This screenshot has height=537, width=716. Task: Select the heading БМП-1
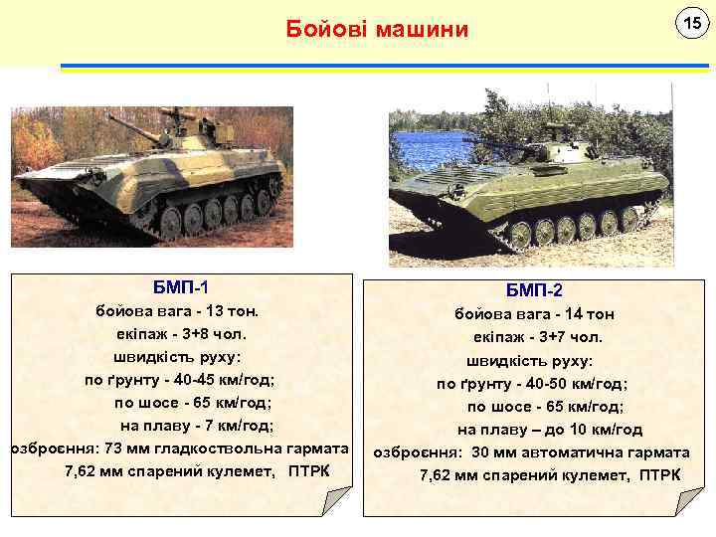tap(180, 288)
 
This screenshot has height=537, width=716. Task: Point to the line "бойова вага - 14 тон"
tap(534, 314)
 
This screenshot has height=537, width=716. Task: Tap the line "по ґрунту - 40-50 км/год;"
tap(533, 383)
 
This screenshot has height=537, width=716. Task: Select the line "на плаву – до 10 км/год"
tap(550, 430)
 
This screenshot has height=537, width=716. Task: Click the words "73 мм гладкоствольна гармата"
tap(228, 448)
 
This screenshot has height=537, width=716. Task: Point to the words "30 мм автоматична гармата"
tap(583, 452)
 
